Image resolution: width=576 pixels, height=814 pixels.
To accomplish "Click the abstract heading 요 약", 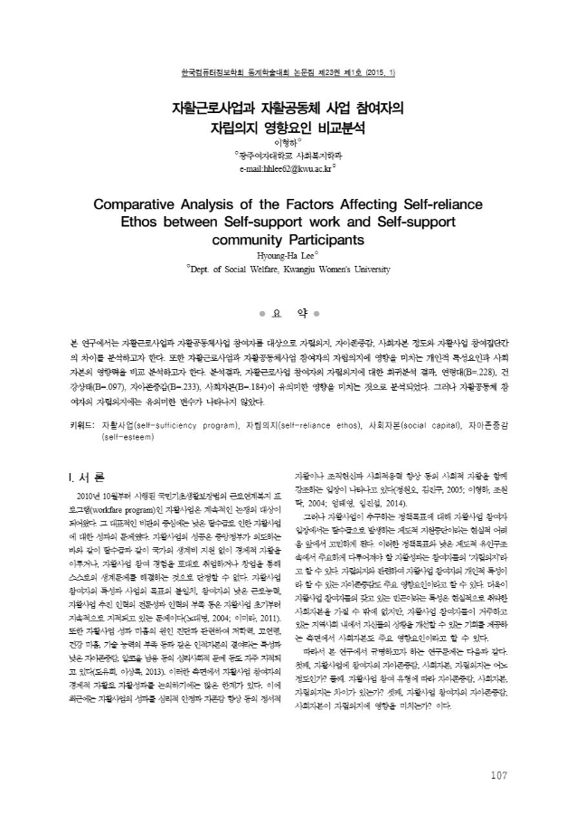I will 287,315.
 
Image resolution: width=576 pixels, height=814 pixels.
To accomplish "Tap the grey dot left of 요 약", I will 261,315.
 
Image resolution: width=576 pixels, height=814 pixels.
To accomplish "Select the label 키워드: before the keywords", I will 83,423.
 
